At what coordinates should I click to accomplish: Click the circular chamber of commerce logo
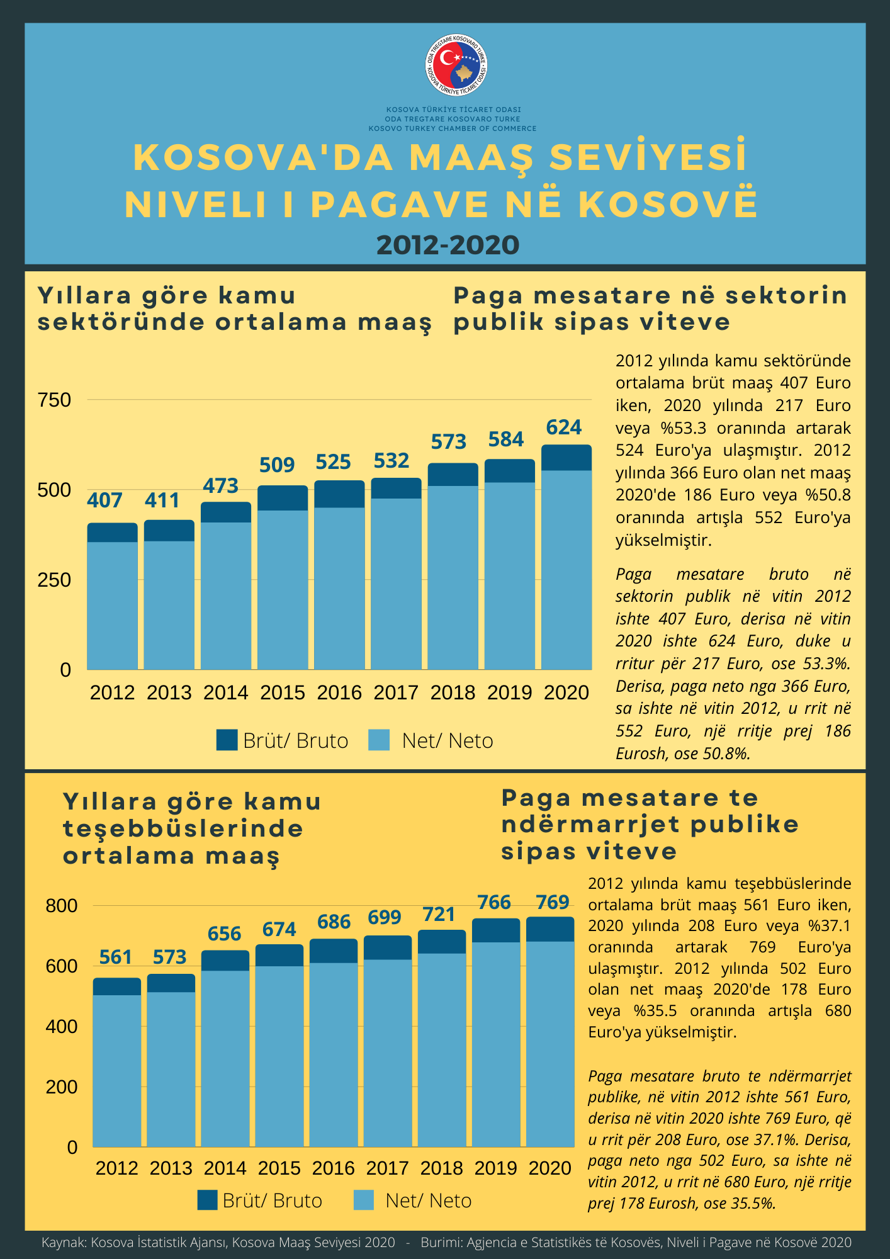click(457, 66)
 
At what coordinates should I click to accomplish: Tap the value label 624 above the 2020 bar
click(564, 427)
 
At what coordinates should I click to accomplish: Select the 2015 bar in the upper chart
click(283, 577)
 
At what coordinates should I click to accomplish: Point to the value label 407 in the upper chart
click(104, 500)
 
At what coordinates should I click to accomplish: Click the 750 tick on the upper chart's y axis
click(55, 400)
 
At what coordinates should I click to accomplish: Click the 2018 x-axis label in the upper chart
click(453, 692)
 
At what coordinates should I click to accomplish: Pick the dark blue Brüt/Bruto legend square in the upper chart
click(227, 740)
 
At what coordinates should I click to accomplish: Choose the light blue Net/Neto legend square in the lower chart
click(364, 1200)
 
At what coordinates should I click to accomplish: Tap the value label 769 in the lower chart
click(553, 902)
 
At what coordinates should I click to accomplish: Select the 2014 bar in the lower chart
click(225, 1049)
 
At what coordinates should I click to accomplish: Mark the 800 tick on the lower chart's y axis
click(62, 906)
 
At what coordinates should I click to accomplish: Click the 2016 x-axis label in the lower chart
click(334, 1168)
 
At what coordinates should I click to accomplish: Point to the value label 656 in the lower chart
click(225, 933)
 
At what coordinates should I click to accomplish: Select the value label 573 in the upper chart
click(449, 442)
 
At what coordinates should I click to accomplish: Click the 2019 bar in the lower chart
click(497, 1033)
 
